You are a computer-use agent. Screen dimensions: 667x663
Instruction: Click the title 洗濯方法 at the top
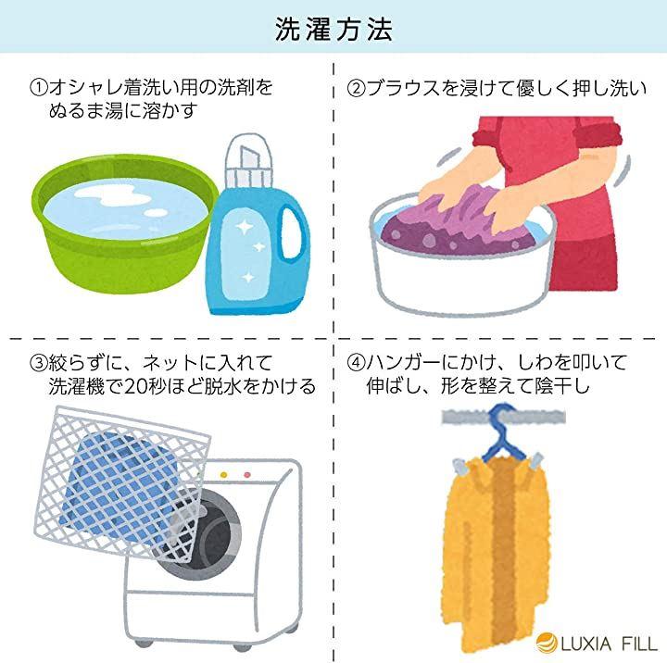pyautogui.click(x=333, y=29)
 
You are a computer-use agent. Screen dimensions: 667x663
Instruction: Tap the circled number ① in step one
pyautogui.click(x=38, y=88)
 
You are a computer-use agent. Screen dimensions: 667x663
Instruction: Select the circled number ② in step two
pyautogui.click(x=355, y=88)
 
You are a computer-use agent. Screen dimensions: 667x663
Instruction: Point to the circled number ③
pyautogui.click(x=38, y=362)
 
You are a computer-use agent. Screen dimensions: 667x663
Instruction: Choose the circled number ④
pyautogui.click(x=356, y=362)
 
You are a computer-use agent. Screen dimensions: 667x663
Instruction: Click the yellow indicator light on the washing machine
pyautogui.click(x=224, y=475)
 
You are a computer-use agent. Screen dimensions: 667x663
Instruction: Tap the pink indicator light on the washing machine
pyautogui.click(x=246, y=475)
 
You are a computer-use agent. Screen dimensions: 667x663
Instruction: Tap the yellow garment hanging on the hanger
pyautogui.click(x=497, y=553)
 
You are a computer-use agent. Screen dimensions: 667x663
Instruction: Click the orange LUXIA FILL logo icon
pyautogui.click(x=547, y=643)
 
